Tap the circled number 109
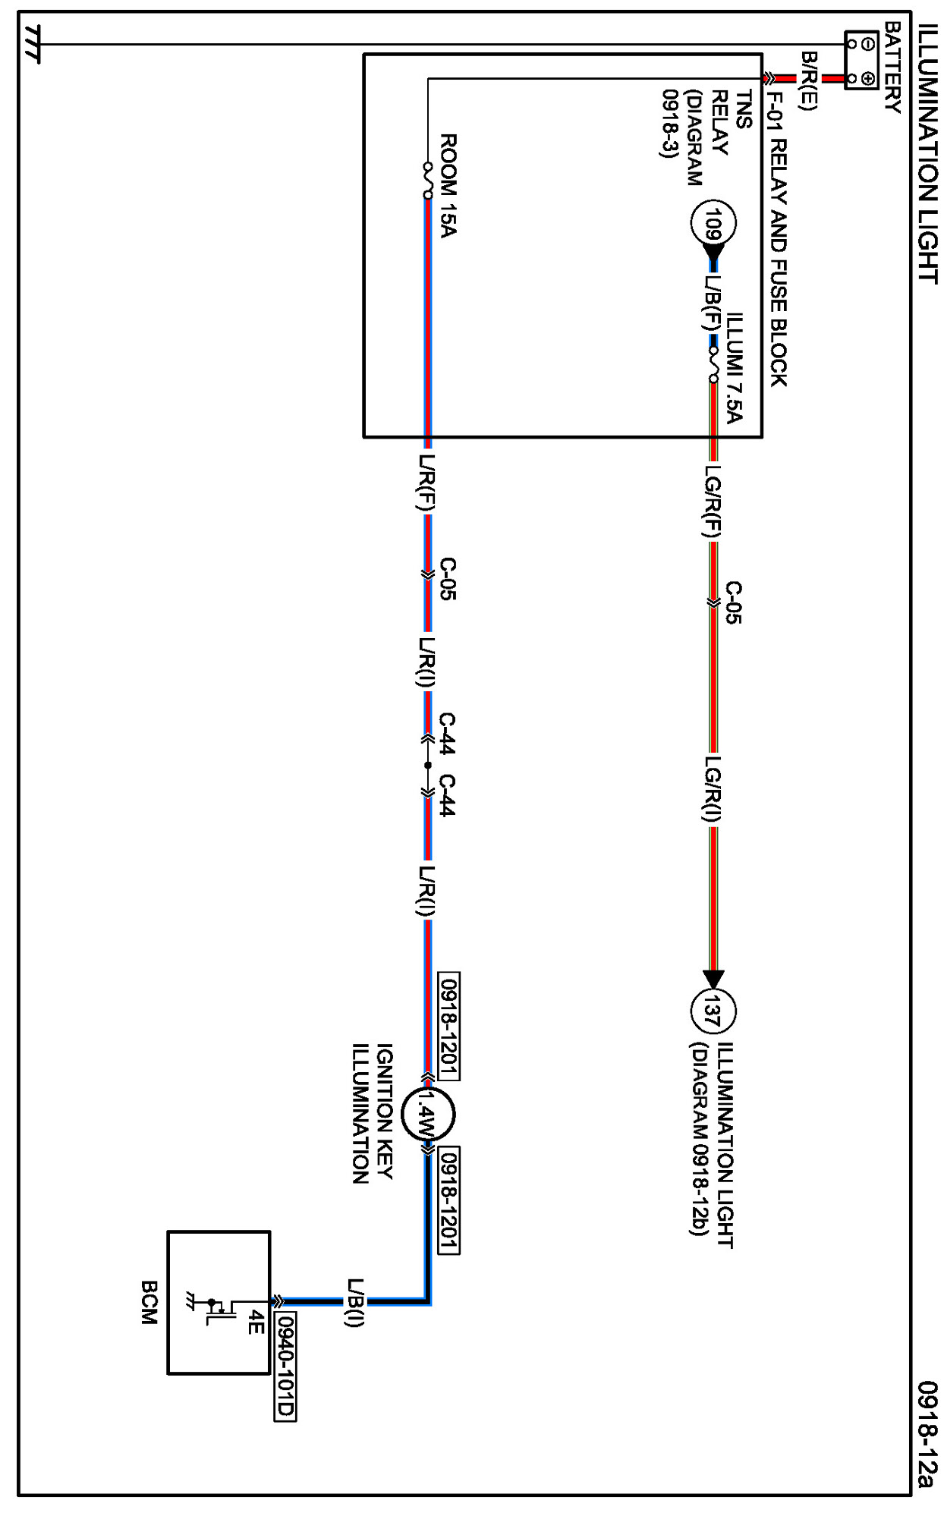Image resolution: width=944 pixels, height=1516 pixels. click(711, 223)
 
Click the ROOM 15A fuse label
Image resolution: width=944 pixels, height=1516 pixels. click(448, 185)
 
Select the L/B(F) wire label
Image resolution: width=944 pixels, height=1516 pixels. click(712, 302)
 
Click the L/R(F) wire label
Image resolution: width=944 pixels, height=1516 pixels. click(426, 484)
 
